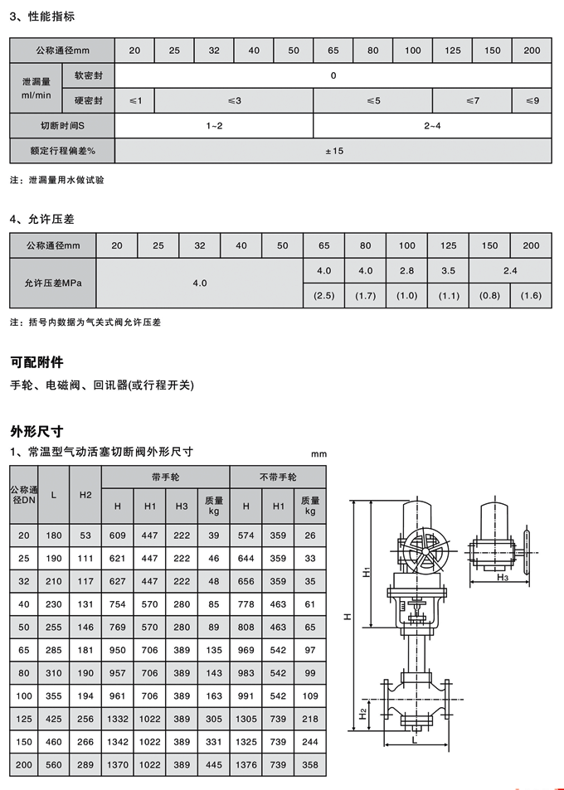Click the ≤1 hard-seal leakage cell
pos(135,101)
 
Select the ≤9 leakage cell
pos(532,101)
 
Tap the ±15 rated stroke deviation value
pos(333,151)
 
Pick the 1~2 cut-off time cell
pos(214,125)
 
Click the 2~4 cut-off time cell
pos(432,125)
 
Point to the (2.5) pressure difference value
pos(323,296)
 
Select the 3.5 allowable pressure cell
pos(448,271)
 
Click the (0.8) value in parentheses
pos(489,296)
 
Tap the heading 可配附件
pos(36,362)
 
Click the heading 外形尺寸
pos(36,431)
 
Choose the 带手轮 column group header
pos(166,477)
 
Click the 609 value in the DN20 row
pos(118,536)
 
